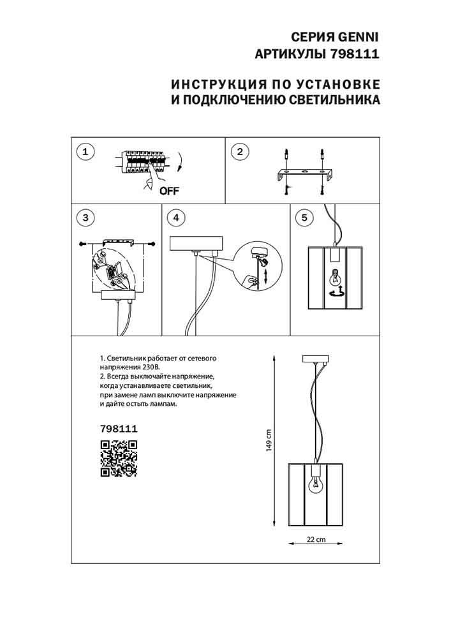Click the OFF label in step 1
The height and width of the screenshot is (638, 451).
click(169, 190)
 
